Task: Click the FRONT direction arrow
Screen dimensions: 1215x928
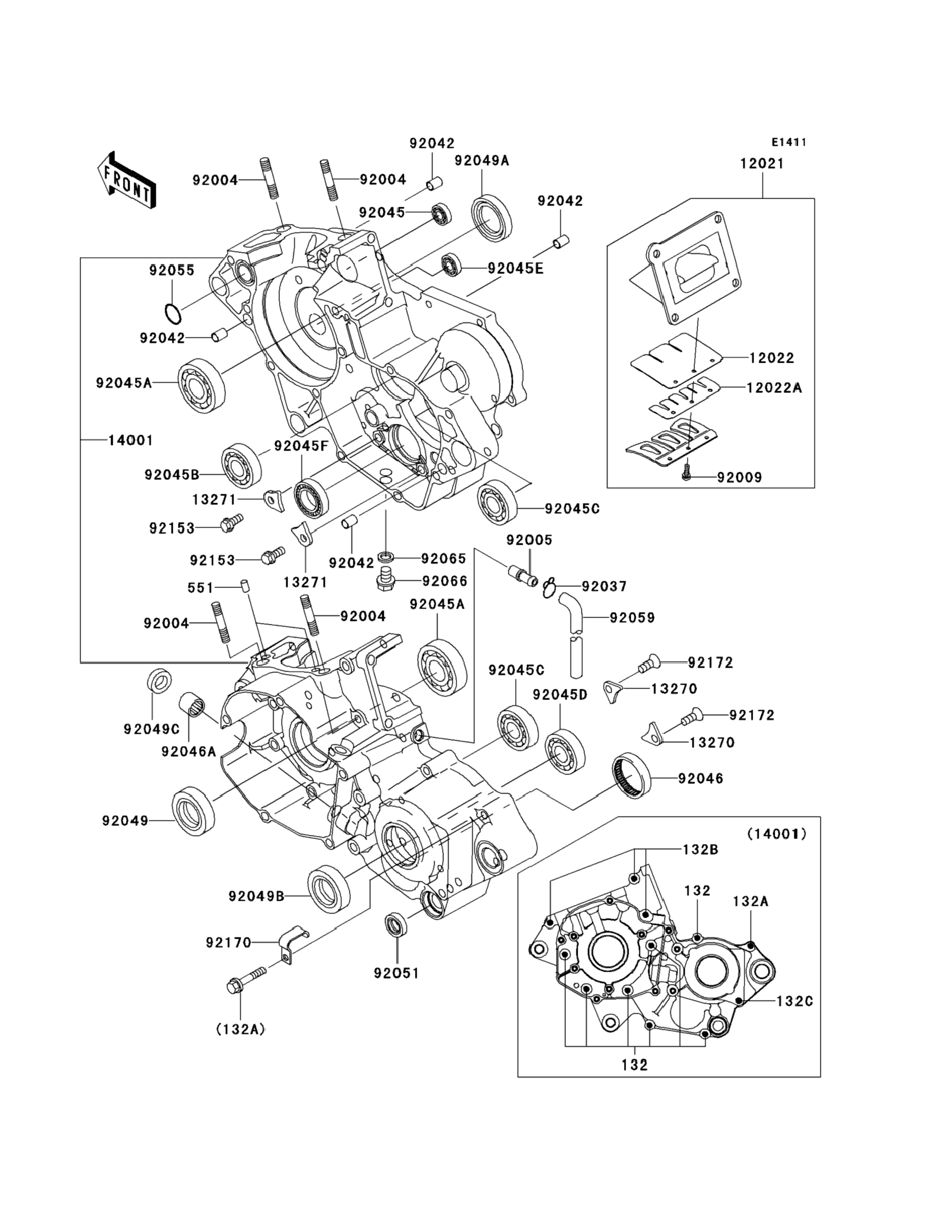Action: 127,181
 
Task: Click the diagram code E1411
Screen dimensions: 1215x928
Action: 789,142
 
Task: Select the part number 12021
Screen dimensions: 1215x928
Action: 762,164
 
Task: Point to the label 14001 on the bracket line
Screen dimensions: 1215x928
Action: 130,440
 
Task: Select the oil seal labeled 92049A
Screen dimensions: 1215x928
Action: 491,218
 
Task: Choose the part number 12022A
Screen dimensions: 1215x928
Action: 774,388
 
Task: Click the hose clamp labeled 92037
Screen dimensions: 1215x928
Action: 548,589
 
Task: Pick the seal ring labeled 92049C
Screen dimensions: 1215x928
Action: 159,680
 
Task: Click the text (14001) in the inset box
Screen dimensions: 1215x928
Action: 777,834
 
